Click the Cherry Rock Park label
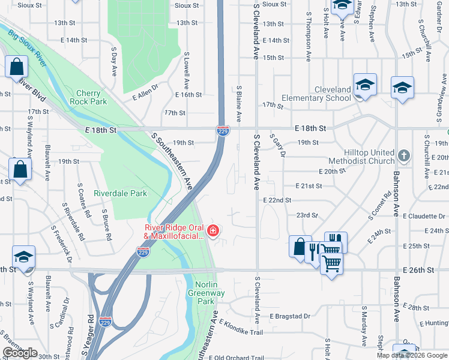coord(92,97)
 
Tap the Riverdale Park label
coord(120,194)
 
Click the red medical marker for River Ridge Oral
coord(212,230)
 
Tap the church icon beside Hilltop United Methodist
coord(404,157)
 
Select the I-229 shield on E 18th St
coord(221,130)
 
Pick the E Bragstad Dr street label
coord(290,316)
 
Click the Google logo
coord(20,353)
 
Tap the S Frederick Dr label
coord(61,244)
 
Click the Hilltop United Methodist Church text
coord(361,157)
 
